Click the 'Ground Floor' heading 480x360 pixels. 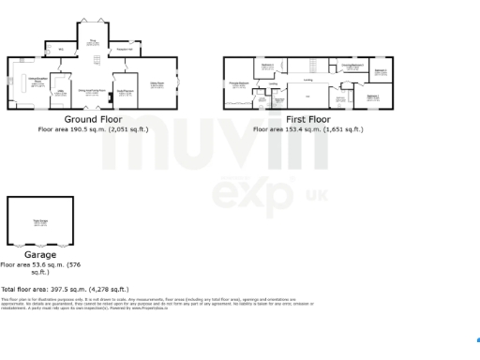(92, 120)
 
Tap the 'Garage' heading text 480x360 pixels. (40, 254)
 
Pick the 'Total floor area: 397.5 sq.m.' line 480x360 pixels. (65, 290)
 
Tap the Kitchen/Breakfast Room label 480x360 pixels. (38, 82)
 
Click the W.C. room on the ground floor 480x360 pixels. (62, 50)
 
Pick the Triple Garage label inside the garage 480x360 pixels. (40, 221)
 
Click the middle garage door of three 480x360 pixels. (40, 245)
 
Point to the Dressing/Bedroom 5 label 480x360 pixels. (352, 66)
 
